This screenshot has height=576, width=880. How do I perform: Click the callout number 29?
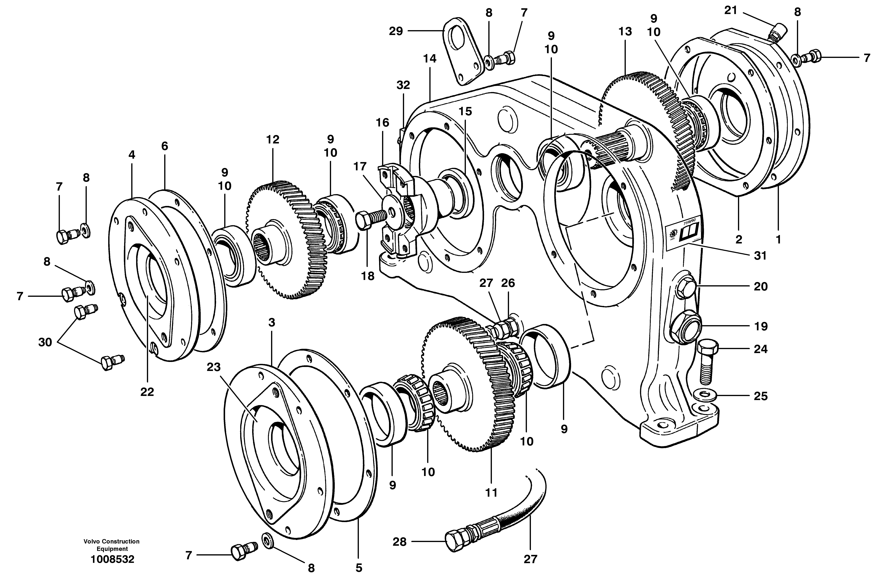click(x=396, y=31)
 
